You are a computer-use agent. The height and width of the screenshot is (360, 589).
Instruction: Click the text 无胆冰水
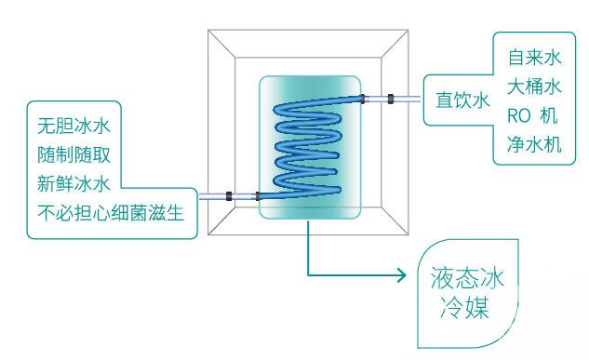[x=74, y=126]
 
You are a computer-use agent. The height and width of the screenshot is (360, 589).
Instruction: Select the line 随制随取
[x=74, y=154]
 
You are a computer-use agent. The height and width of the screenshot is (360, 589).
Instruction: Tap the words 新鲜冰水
[x=74, y=183]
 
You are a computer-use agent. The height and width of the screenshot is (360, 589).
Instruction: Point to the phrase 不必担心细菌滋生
[x=111, y=213]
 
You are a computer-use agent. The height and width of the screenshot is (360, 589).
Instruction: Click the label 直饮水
[x=462, y=100]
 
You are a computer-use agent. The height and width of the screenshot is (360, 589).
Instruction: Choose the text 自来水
[x=534, y=58]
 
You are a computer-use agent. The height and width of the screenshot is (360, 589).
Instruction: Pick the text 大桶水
[x=534, y=87]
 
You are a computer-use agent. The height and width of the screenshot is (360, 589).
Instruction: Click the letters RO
[x=519, y=115]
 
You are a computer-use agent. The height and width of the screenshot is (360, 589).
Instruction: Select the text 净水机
[x=534, y=144]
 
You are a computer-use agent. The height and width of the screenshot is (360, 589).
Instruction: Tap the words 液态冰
[x=467, y=278]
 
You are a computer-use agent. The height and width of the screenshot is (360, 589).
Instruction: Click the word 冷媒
[x=464, y=307]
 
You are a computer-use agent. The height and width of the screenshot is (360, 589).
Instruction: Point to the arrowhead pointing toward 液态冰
[x=402, y=275]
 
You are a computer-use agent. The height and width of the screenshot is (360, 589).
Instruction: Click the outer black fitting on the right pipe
[x=391, y=100]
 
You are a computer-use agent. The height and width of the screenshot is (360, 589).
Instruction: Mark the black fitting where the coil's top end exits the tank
[x=363, y=99]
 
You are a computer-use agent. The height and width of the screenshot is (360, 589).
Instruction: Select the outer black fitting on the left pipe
[x=229, y=196]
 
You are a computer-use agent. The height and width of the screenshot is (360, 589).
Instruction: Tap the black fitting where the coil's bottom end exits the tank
[x=258, y=196]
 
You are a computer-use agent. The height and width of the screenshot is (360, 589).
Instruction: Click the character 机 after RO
[x=548, y=115]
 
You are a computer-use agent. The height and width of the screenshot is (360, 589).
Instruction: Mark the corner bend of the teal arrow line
[x=308, y=275]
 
